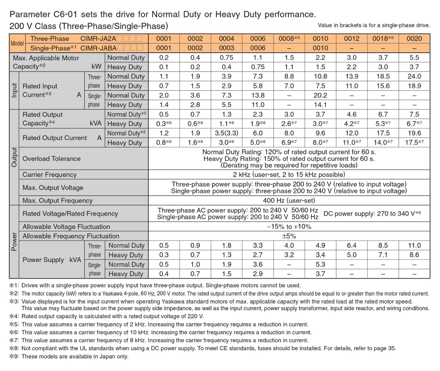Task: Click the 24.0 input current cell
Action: [414, 76]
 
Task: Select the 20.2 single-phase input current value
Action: [320, 95]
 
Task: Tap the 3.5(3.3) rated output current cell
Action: [227, 133]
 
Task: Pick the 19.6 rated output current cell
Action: [414, 133]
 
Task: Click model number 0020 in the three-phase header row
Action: [414, 39]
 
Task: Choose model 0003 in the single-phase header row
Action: [227, 48]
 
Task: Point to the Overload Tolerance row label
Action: [52, 159]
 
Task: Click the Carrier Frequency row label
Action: [49, 174]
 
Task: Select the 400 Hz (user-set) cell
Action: [289, 200]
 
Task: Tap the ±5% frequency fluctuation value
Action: [289, 236]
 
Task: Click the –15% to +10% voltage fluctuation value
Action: [289, 226]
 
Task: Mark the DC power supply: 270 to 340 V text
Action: [372, 214]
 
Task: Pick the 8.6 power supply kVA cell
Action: [414, 255]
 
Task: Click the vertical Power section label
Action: [14, 242]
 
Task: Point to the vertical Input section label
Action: [14, 91]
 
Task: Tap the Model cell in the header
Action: [17, 43]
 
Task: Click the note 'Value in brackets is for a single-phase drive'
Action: [374, 25]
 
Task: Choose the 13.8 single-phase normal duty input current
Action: [258, 95]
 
